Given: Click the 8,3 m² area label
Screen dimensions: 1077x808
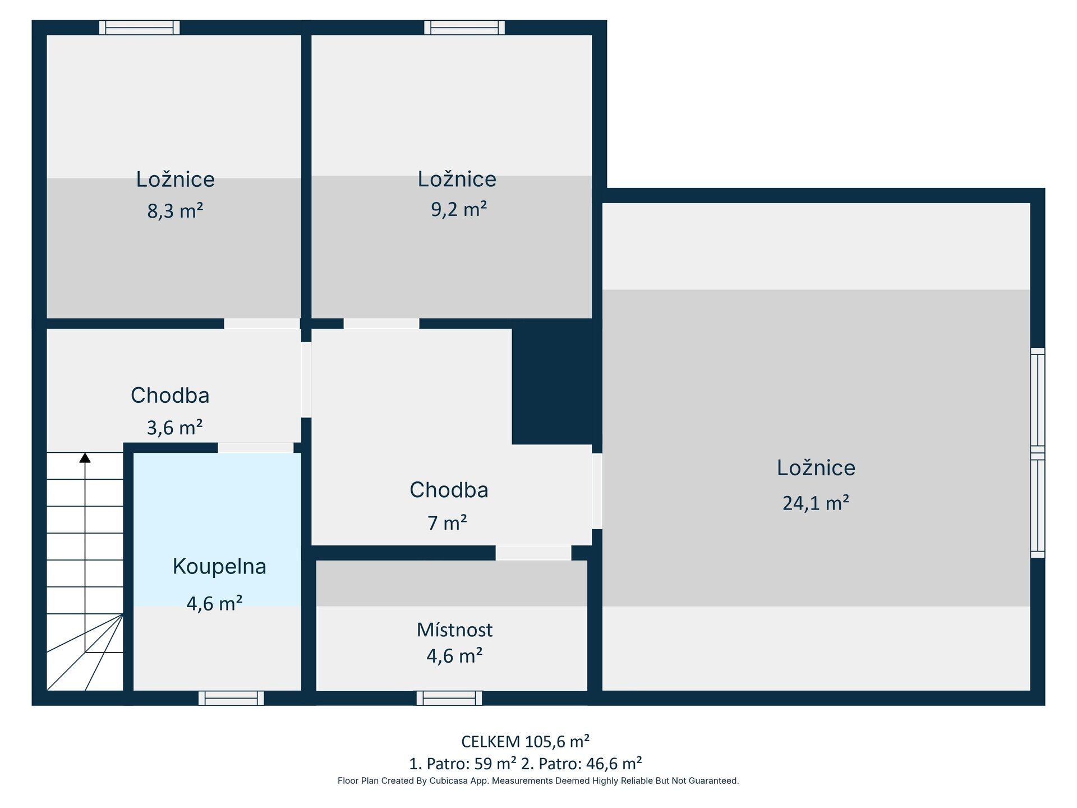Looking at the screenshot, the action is [x=175, y=211].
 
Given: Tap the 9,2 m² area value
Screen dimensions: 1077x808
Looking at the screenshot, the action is [x=459, y=209].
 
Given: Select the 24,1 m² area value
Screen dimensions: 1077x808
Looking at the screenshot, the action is [x=816, y=503].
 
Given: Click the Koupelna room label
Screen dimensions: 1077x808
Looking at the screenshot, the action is [x=219, y=566].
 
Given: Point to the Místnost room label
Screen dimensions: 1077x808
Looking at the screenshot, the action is [x=454, y=630].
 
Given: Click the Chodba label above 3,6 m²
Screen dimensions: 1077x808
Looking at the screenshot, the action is [x=170, y=396].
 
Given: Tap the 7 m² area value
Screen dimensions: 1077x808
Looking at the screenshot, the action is [x=447, y=523].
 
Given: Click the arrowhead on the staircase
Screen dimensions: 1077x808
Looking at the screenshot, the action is [x=85, y=458].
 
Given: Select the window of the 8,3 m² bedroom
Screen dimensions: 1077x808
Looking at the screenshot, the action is [x=140, y=27].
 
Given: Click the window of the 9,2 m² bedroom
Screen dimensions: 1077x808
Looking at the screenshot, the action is [x=464, y=27].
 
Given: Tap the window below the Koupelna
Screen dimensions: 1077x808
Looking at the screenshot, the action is [x=231, y=698].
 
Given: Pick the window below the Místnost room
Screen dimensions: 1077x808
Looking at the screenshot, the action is [x=449, y=698].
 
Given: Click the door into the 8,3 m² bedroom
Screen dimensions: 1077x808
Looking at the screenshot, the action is [x=262, y=324].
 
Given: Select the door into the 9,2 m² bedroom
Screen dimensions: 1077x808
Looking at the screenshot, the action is [x=381, y=324].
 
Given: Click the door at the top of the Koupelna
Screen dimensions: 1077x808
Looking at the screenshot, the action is [x=256, y=448].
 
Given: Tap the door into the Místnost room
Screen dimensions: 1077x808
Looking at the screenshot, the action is [x=533, y=553].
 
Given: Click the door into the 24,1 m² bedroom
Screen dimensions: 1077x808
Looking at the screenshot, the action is [x=597, y=491].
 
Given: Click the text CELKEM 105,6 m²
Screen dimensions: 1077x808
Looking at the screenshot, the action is [x=525, y=742].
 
